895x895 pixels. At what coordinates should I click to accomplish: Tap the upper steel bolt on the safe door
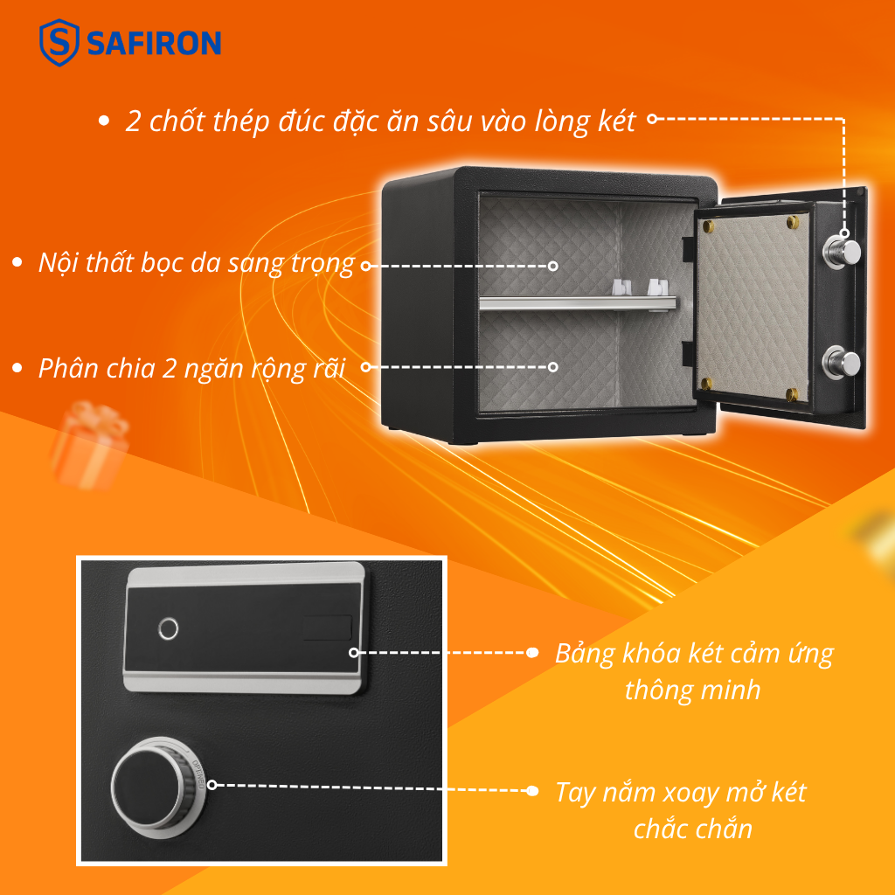[x=844, y=253]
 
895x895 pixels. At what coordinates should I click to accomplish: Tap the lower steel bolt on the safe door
[x=844, y=361]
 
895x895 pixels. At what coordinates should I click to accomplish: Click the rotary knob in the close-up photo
[x=150, y=784]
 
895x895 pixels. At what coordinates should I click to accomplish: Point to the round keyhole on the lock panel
[x=168, y=628]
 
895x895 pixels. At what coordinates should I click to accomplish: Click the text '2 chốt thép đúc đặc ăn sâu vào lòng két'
[x=380, y=121]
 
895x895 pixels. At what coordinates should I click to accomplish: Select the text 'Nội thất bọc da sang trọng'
[x=196, y=263]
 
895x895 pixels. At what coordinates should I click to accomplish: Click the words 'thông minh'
[x=692, y=690]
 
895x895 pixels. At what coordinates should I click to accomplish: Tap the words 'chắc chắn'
[x=692, y=828]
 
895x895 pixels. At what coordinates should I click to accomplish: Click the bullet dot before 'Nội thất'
[x=17, y=263]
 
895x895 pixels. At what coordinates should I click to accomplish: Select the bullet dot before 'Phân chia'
[x=17, y=368]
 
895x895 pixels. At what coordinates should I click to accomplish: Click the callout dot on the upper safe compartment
[x=552, y=265]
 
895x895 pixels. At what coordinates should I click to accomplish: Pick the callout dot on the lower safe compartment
[x=552, y=367]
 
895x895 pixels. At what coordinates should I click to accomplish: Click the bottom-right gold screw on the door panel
[x=791, y=393]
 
